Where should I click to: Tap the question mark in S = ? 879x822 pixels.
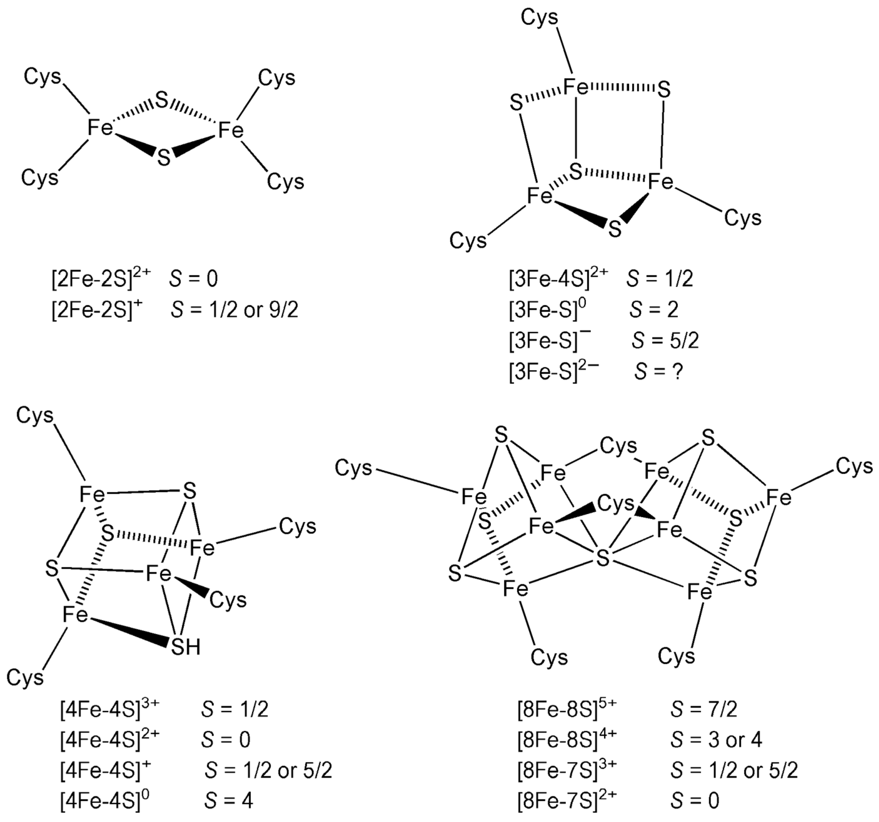[x=677, y=372]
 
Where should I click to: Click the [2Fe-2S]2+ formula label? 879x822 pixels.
[x=101, y=279]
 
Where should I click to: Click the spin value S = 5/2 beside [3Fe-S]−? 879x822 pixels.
[x=665, y=341]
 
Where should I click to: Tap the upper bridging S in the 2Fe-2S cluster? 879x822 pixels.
[x=162, y=101]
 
